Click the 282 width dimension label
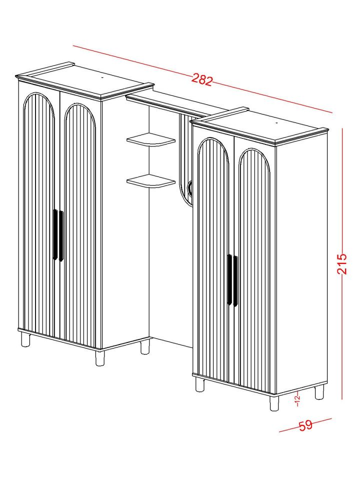pos(201,80)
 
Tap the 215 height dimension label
pos(341,263)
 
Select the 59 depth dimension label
pos(305,425)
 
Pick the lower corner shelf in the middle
pos(151,181)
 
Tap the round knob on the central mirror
pos(190,187)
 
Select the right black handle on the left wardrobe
pos(61,236)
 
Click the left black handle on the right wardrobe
pos(229,279)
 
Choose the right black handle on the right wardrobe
pos(235,281)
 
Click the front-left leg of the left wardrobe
pos(25,340)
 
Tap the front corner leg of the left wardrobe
pos(100,358)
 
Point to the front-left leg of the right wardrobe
pos(199,384)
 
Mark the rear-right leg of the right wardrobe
pos(319,392)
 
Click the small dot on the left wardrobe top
pos(102,78)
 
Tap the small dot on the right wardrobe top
pos(276,123)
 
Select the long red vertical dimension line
pos(342,263)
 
